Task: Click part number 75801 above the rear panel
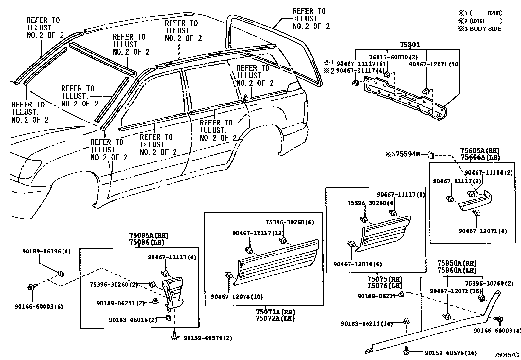pyautogui.click(x=409, y=45)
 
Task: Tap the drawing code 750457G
pyautogui.click(x=507, y=355)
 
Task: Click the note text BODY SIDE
pyautogui.click(x=485, y=29)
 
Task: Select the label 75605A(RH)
pyautogui.click(x=480, y=151)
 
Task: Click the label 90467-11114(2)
pyautogui.click(x=489, y=173)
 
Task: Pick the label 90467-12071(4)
pyautogui.click(x=482, y=231)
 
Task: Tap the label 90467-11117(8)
pyautogui.click(x=401, y=195)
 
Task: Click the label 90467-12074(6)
pyautogui.click(x=357, y=264)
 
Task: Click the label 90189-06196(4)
pyautogui.click(x=46, y=251)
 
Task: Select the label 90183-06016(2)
pyautogui.click(x=133, y=320)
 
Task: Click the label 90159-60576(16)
pyautogui.click(x=451, y=353)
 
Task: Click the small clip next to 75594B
pyautogui.click(x=431, y=154)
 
